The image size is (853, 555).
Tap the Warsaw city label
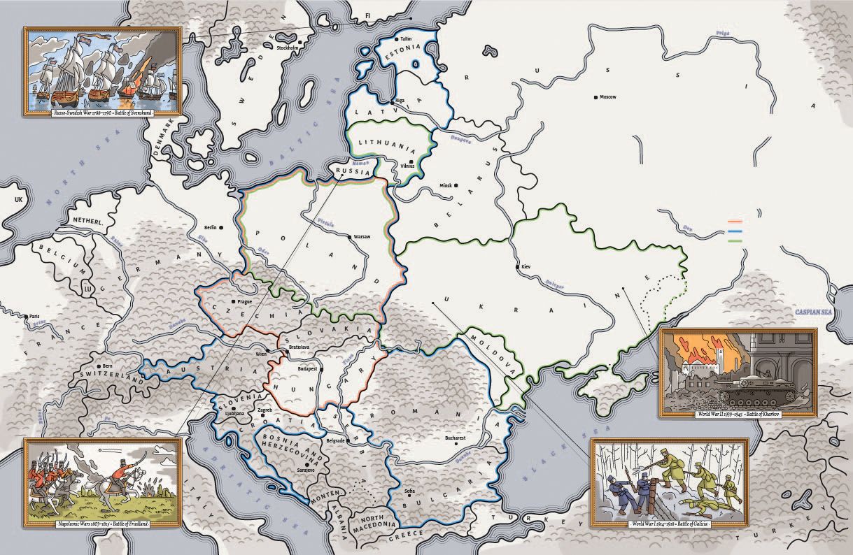pyautogui.click(x=362, y=236)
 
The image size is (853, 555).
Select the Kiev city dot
pyautogui.click(x=517, y=267)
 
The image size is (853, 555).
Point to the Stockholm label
pyautogui.click(x=286, y=48)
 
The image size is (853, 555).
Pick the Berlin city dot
pyautogui.click(x=221, y=228)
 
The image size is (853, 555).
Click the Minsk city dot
pyautogui.click(x=456, y=185)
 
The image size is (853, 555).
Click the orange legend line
pyautogui.click(x=734, y=218)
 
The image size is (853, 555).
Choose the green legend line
pyautogui.click(x=734, y=240)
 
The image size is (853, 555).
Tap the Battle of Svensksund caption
pyautogui.click(x=103, y=112)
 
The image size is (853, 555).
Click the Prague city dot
pyautogui.click(x=234, y=302)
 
